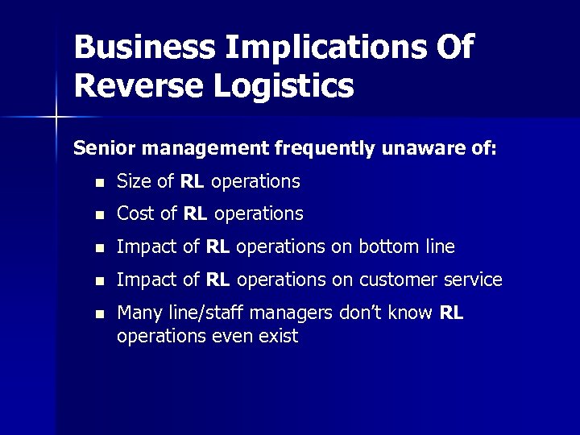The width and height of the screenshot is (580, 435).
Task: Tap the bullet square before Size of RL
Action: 97,183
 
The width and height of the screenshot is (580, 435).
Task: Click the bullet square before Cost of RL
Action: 97,215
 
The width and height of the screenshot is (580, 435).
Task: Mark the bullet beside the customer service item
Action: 97,281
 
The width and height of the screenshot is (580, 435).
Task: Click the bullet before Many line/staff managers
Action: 97,313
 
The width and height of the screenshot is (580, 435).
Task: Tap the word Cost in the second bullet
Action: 135,214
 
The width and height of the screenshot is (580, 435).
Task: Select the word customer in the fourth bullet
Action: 396,280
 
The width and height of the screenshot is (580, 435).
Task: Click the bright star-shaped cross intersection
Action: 56,118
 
